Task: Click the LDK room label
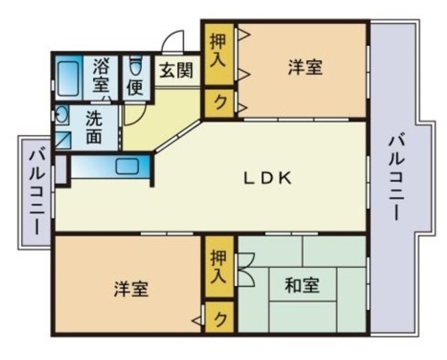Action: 267,178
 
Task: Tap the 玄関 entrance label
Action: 176,70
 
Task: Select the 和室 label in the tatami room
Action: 302,285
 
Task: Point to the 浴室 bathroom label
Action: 101,75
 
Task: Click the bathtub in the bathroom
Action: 68,78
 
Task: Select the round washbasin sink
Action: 61,114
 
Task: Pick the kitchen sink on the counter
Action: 127,166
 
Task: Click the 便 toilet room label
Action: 135,87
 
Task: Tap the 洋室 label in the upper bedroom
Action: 305,67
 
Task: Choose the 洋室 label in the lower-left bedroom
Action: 131,289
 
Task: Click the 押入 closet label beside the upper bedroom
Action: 218,50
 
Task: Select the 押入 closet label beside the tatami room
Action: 219,266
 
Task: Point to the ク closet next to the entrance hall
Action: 220,103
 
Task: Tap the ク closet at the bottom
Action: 220,318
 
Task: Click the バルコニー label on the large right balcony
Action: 397,178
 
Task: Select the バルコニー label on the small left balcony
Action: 37,192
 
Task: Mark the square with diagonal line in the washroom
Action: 62,140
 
